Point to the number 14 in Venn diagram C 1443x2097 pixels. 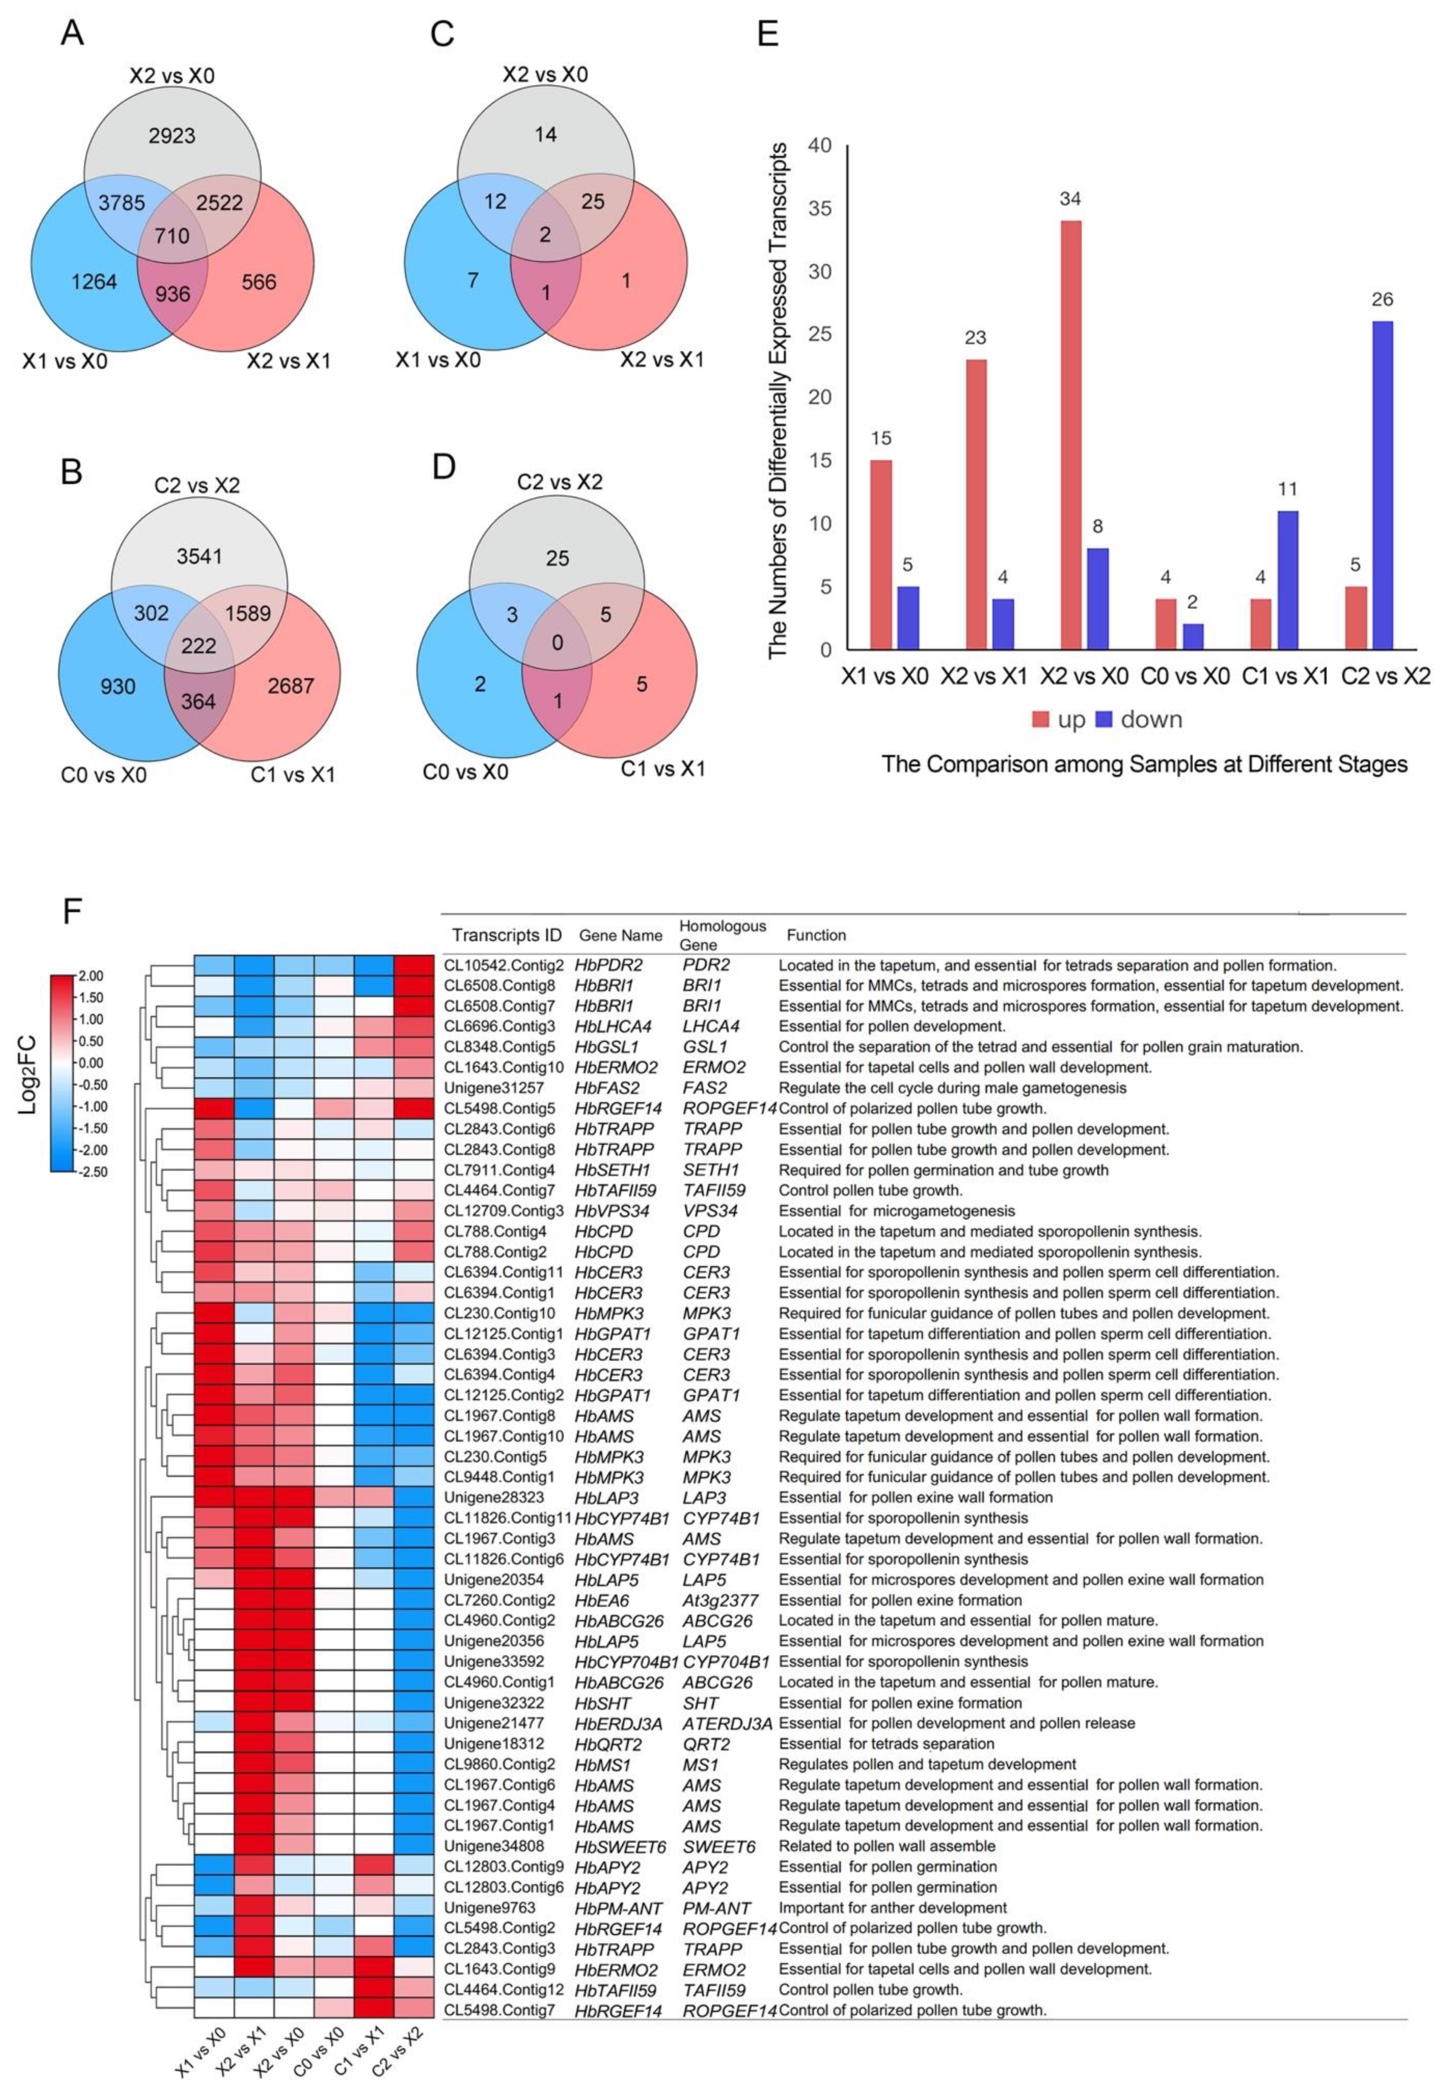click(545, 135)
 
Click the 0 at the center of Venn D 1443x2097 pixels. click(557, 643)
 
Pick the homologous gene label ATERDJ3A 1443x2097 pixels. click(726, 1724)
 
